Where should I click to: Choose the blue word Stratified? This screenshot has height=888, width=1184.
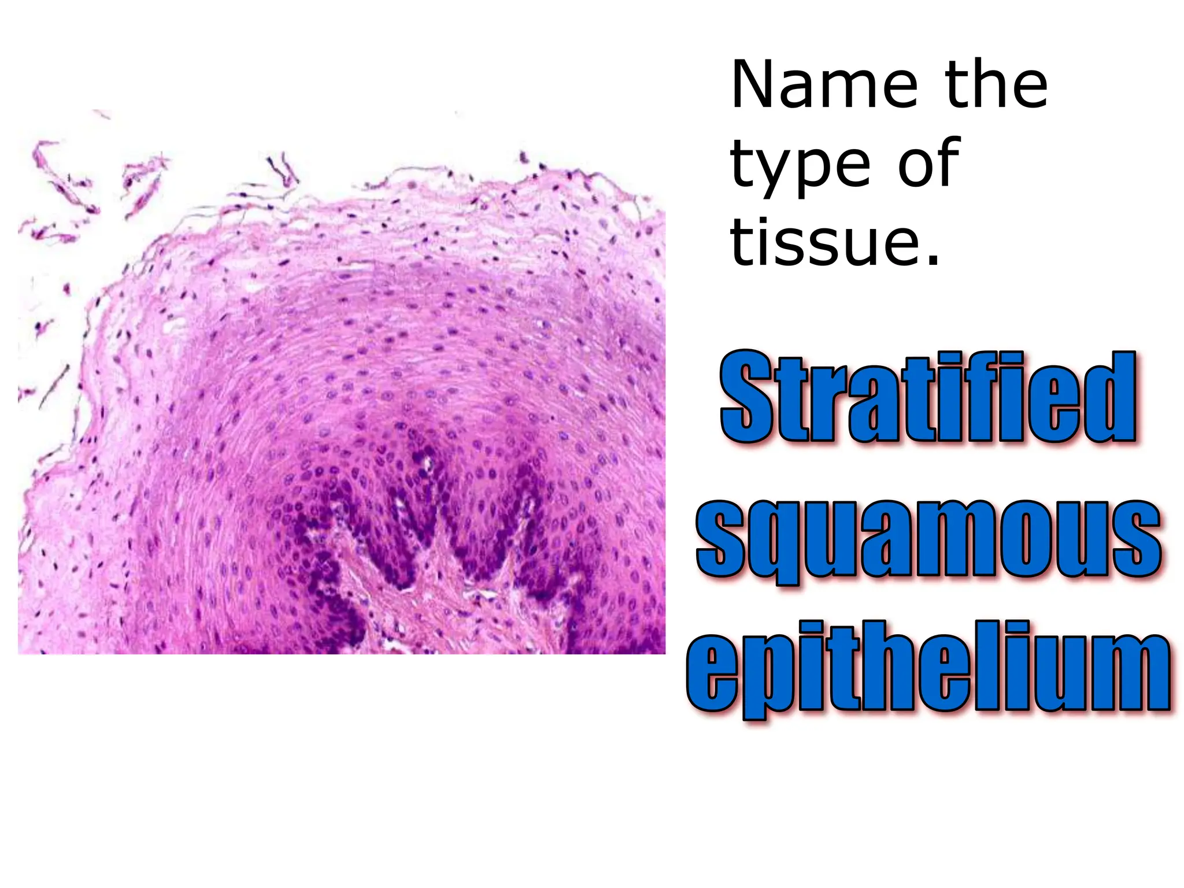pos(928,398)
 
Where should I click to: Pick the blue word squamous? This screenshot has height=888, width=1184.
pos(928,541)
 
